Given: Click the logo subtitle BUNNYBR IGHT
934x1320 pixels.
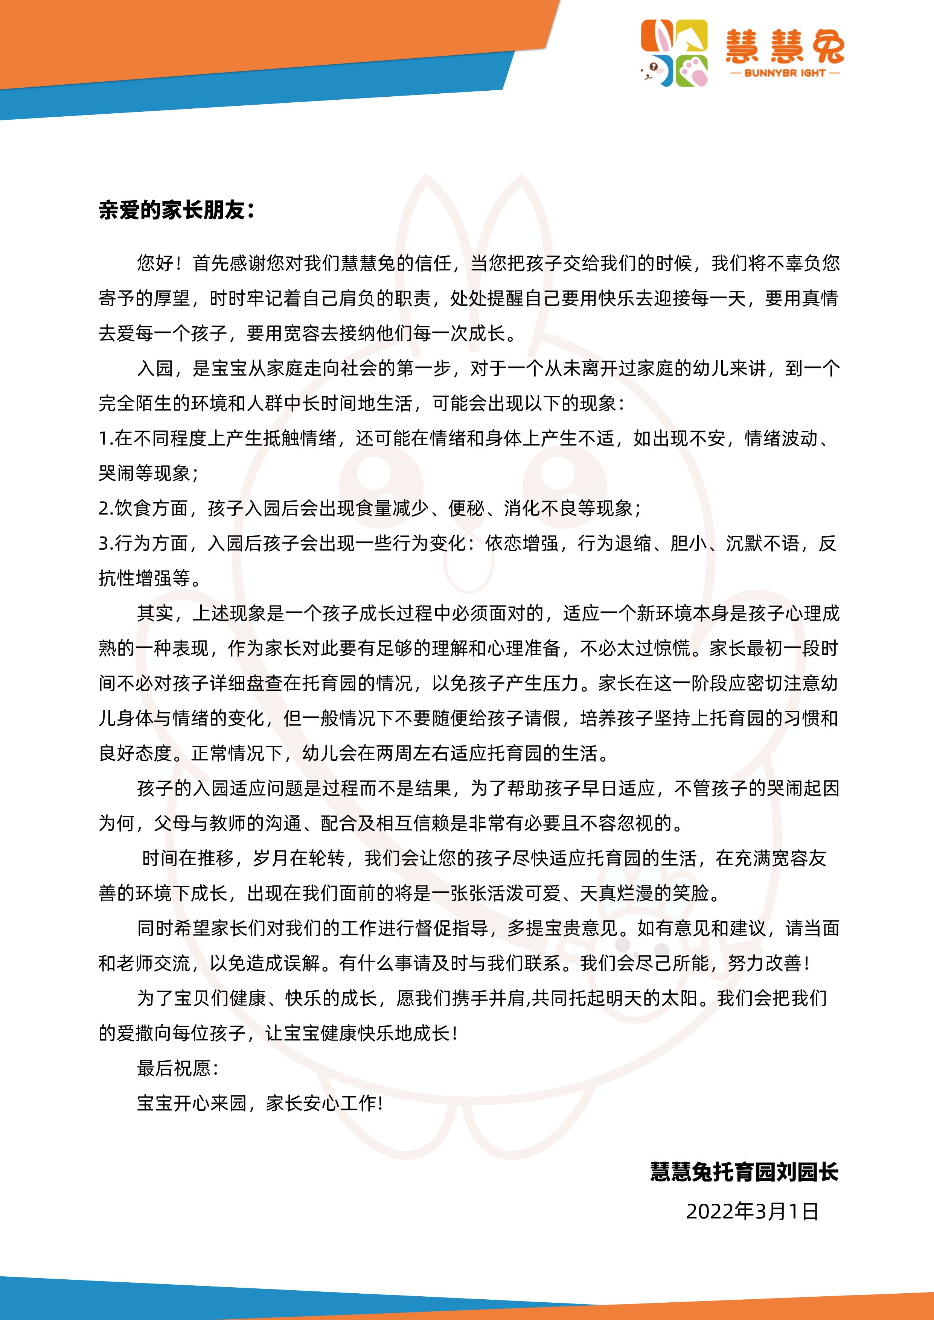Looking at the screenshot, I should (785, 73).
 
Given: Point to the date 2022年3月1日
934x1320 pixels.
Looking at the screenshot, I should (752, 1211).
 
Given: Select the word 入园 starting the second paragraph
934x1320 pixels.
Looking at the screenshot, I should (155, 368).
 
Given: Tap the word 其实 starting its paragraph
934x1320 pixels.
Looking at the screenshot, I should (155, 613).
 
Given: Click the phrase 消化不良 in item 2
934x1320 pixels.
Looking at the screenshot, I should (540, 508).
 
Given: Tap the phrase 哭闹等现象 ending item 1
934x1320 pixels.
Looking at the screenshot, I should (144, 474).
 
